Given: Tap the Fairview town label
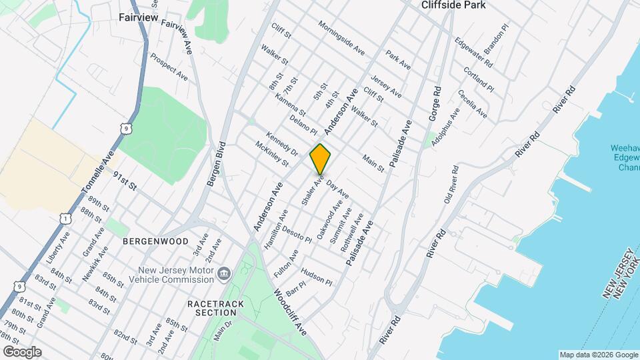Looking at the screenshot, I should (x=138, y=17).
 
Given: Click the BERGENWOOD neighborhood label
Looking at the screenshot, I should (x=155, y=241).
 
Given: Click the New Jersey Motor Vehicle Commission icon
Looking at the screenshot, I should (x=225, y=272).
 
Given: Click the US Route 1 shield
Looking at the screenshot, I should (x=64, y=218).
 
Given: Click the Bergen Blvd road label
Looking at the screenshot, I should (x=217, y=163).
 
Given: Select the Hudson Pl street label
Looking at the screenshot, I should (x=316, y=276).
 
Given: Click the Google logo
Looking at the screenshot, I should (x=21, y=352).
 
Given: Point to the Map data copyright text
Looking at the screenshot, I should (x=598, y=355).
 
